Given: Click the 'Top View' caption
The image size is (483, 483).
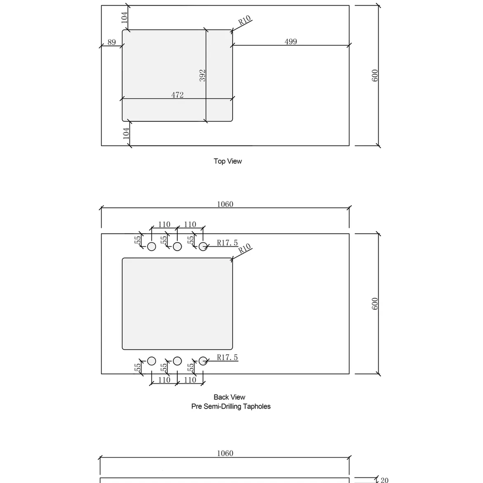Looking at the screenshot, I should tap(227, 161).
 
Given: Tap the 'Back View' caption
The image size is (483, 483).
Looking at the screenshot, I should tap(229, 398).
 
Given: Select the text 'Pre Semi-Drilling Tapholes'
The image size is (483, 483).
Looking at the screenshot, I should tap(231, 407).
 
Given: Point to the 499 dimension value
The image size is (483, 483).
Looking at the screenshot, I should tap(290, 42).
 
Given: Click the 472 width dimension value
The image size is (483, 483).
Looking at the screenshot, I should tap(177, 95).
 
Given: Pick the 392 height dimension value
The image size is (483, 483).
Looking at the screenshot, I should tap(202, 75).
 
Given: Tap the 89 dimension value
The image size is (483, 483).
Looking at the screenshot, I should tap(112, 43).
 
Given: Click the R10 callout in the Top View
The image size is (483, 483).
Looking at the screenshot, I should tap(245, 21).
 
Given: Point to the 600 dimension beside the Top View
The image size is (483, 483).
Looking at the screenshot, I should tap(375, 75).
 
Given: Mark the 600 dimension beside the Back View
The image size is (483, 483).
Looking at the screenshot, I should tap(375, 304).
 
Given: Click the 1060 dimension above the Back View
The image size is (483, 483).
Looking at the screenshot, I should tap(225, 204).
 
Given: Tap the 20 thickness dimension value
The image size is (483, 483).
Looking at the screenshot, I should tap(384, 480).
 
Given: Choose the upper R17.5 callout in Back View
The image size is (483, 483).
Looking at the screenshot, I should tap(227, 243).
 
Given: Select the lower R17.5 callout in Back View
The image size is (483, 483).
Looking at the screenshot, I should tap(227, 357).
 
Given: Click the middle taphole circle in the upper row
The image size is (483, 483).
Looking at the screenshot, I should tap(177, 247).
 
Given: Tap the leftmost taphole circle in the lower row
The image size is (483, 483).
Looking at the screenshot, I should tap(151, 361).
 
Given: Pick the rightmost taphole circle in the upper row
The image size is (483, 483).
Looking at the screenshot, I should tap(203, 247).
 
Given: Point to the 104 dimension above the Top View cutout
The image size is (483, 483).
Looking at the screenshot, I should tap(124, 18).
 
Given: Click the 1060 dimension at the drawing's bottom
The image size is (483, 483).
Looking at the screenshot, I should tap(225, 454).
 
